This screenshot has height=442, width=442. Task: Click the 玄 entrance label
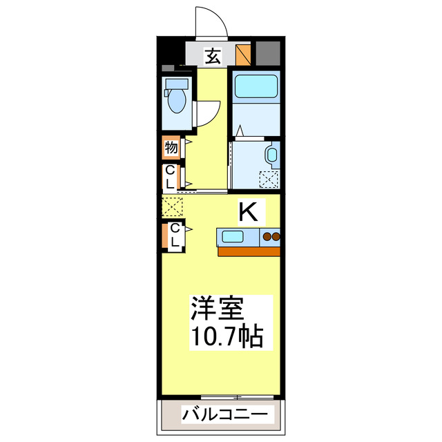(x=213, y=55)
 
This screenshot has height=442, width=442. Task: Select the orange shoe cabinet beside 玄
(x=242, y=54)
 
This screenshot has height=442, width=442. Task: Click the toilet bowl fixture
(x=177, y=97)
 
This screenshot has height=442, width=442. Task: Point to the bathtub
(x=254, y=87)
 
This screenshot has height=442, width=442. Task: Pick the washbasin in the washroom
(x=271, y=155)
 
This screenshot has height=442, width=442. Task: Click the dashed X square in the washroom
(x=268, y=179)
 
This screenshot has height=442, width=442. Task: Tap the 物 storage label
(x=171, y=147)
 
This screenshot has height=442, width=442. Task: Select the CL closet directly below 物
(x=170, y=177)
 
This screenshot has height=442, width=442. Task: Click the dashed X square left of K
(x=171, y=206)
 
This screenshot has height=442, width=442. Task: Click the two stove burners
(x=271, y=238)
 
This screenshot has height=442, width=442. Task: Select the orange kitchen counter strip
(x=249, y=251)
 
